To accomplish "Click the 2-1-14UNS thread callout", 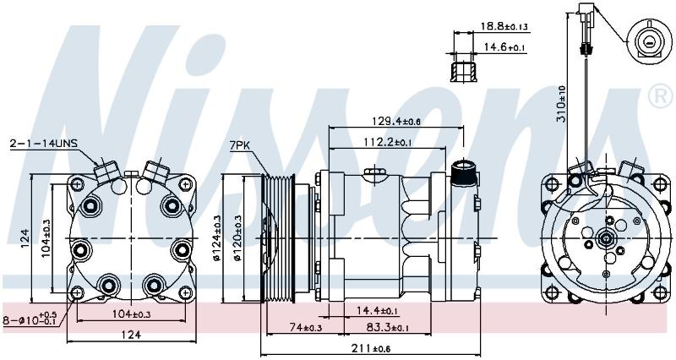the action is click(x=44, y=144).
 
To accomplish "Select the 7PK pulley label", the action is click(x=240, y=145).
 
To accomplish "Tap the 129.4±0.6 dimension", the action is click(x=395, y=121).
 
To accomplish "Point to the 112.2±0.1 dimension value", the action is click(x=387, y=142).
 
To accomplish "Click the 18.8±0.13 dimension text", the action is click(x=504, y=26).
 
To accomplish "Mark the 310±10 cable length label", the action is click(x=561, y=103).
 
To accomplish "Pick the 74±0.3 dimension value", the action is click(x=305, y=328).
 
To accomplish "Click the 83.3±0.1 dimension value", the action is click(x=388, y=328).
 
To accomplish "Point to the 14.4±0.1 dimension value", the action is click(x=378, y=310).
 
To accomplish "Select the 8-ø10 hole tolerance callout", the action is click(x=30, y=320).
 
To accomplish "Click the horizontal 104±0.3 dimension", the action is click(x=131, y=314).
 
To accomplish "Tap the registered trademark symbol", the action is click(x=661, y=96).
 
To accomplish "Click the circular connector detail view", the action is click(x=648, y=42).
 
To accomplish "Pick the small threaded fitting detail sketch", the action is click(x=463, y=72).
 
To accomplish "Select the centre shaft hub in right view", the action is click(x=606, y=238).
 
